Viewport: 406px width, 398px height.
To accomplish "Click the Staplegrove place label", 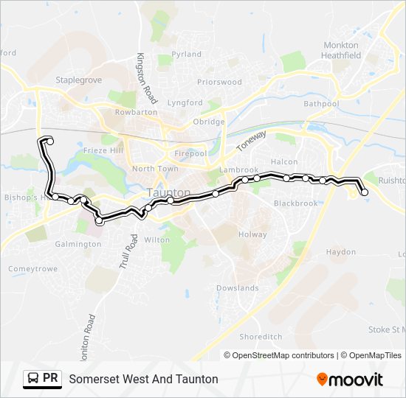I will (78, 80).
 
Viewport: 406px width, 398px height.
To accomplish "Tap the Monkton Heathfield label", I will (341, 50).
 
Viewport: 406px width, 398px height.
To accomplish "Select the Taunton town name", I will (169, 192).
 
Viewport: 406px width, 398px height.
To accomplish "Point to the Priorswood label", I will (219, 83).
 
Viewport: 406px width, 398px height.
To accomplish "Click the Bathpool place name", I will (320, 104).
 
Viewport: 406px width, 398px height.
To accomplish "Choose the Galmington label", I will (78, 244).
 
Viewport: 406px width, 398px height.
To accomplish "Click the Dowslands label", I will (238, 288).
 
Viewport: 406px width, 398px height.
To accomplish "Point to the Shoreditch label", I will (261, 336).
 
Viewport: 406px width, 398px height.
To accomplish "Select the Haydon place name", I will (341, 252).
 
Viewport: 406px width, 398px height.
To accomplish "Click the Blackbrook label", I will (295, 203).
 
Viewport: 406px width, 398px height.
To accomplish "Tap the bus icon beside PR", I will (32, 379).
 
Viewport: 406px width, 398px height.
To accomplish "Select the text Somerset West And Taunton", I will (143, 379).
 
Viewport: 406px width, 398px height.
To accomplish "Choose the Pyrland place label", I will (186, 54).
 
